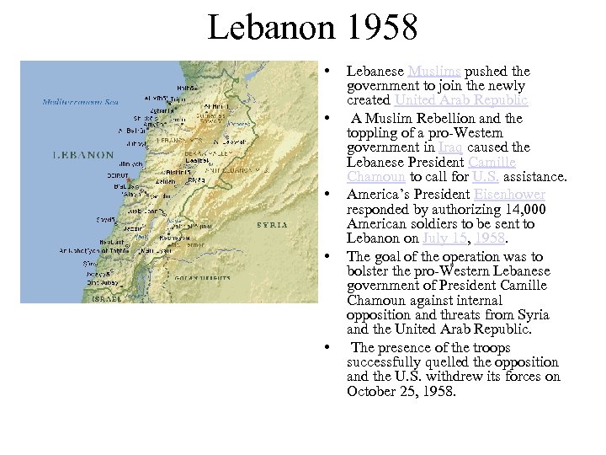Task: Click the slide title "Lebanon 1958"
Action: point(312,28)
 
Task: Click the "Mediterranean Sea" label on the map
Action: point(81,103)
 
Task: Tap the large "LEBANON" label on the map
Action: point(82,155)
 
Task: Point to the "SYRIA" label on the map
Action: point(272,225)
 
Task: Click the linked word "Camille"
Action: point(492,162)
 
